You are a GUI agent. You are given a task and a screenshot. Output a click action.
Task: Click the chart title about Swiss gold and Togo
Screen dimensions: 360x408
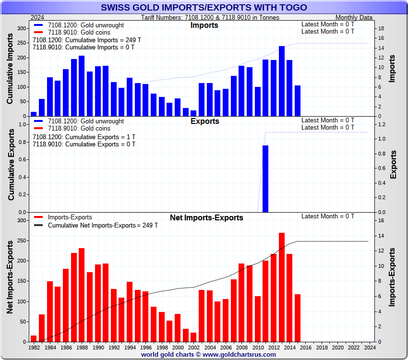(x=204, y=8)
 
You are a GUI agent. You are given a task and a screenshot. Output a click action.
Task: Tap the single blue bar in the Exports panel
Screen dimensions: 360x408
(x=265, y=179)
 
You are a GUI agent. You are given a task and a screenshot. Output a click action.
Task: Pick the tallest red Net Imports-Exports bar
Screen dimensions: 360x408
(x=282, y=287)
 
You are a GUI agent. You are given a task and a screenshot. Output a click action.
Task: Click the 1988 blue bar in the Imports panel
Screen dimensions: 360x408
(x=82, y=86)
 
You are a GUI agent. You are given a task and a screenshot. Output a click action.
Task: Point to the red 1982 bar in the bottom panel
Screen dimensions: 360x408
(x=34, y=338)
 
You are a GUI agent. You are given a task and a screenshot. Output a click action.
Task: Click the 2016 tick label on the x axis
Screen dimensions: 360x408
(x=306, y=347)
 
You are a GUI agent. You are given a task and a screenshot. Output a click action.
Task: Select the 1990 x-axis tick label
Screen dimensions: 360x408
(x=98, y=347)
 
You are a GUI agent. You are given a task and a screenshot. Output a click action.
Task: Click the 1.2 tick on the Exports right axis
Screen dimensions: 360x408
(x=381, y=124)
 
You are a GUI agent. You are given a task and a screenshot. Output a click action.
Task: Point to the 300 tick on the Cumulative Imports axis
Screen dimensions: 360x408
(x=21, y=29)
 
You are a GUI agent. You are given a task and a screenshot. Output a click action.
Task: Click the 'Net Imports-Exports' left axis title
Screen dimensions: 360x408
(x=11, y=277)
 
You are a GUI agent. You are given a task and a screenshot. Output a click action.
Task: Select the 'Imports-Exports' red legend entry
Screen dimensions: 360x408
(x=70, y=217)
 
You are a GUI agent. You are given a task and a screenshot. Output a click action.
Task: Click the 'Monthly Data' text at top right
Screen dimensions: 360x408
(x=354, y=18)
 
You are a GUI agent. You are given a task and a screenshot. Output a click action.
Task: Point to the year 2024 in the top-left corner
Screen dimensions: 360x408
(x=37, y=18)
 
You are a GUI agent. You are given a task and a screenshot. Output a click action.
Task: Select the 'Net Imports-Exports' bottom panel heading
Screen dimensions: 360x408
(x=206, y=218)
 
